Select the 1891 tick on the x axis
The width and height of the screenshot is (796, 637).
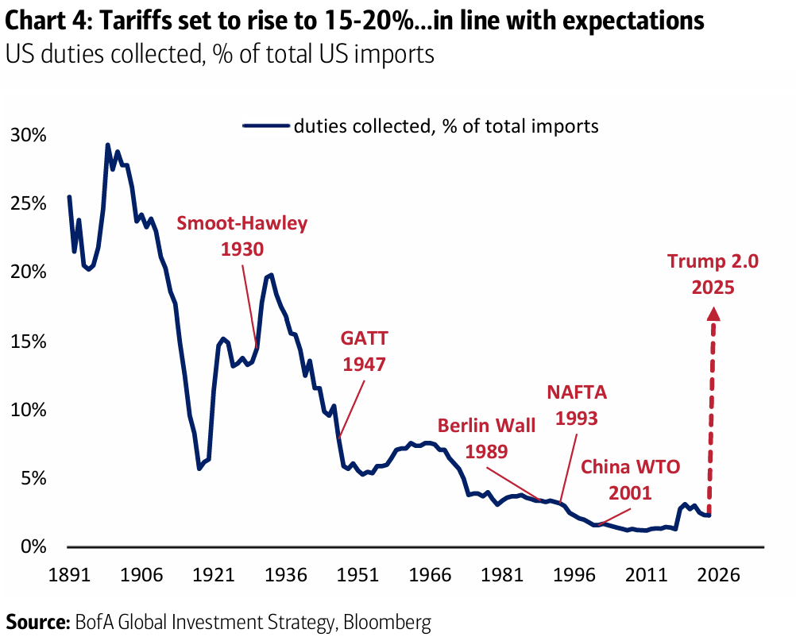69,574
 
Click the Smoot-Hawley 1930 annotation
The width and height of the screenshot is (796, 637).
242,236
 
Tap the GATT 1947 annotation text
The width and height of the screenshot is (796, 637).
365,351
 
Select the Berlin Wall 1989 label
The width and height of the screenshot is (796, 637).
487,438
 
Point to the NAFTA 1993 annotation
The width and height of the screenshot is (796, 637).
578,404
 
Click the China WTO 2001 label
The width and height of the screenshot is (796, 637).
631,479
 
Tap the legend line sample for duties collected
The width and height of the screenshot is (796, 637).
265,125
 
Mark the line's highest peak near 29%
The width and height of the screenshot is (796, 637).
107,145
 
